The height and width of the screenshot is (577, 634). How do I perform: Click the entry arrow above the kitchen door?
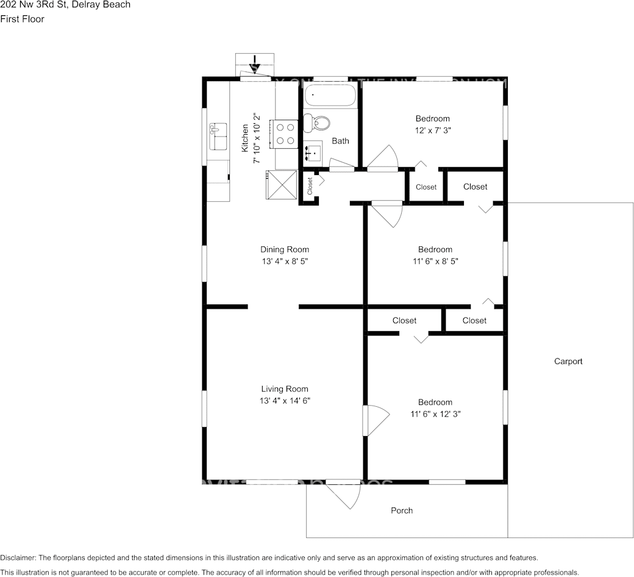pos(255,63)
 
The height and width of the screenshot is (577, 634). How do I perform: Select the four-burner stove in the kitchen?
pos(285,134)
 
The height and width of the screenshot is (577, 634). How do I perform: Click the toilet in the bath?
pos(316,123)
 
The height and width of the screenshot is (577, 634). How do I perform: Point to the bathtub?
pos(330,96)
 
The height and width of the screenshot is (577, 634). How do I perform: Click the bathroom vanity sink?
pos(314,152)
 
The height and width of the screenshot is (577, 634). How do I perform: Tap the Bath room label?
pos(340,141)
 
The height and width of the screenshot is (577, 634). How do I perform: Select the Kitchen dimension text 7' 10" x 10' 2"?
pos(257,138)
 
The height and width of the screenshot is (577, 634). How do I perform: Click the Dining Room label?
pos(285,249)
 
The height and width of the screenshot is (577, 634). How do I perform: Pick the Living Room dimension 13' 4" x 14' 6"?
pos(285,401)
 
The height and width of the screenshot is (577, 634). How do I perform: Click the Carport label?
pos(568,361)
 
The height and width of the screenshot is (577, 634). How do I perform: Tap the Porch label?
pos(402,511)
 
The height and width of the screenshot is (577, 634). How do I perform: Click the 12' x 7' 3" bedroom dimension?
pos(433,130)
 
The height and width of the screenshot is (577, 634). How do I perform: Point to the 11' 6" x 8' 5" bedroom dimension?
pos(435,261)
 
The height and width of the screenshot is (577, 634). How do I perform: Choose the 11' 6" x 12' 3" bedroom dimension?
pos(435,414)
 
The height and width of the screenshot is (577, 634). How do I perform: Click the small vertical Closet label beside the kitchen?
pos(310,185)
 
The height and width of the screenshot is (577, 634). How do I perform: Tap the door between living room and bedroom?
pos(374,421)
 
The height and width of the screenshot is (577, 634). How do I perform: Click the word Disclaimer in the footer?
pos(18,557)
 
